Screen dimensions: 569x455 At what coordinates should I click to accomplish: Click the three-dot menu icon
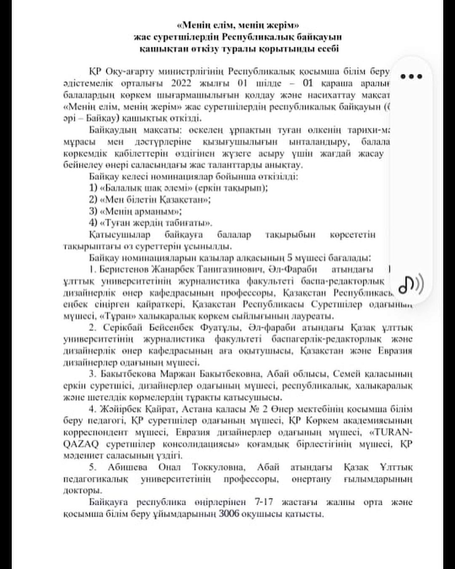coord(411,76)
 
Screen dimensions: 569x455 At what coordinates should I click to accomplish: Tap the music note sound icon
coord(411,284)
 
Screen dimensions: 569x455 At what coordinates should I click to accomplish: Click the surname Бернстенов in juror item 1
coord(122,269)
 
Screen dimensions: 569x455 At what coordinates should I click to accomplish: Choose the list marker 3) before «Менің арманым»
coord(93,211)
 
